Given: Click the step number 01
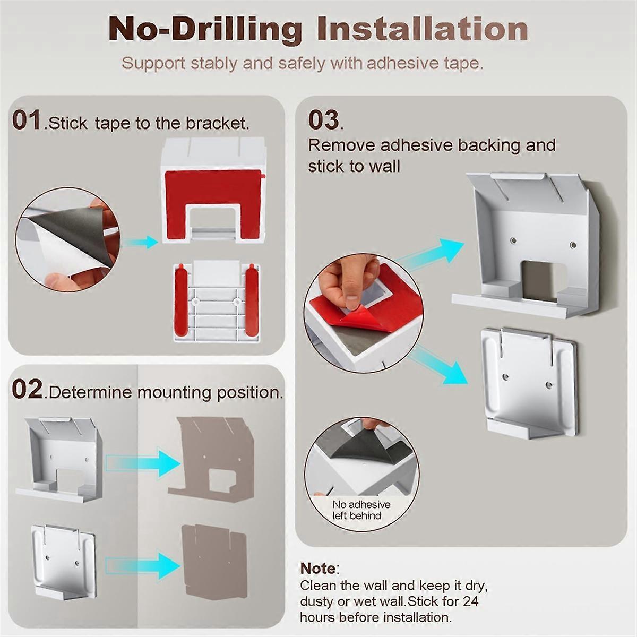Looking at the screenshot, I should (27, 120).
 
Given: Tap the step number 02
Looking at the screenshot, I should (27, 390).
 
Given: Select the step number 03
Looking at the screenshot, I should (323, 120).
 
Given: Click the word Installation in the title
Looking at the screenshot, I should (423, 29).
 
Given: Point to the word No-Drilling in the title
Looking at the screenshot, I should (205, 29).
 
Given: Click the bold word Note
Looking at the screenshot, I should (318, 569).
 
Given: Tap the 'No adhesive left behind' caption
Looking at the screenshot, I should (361, 510).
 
